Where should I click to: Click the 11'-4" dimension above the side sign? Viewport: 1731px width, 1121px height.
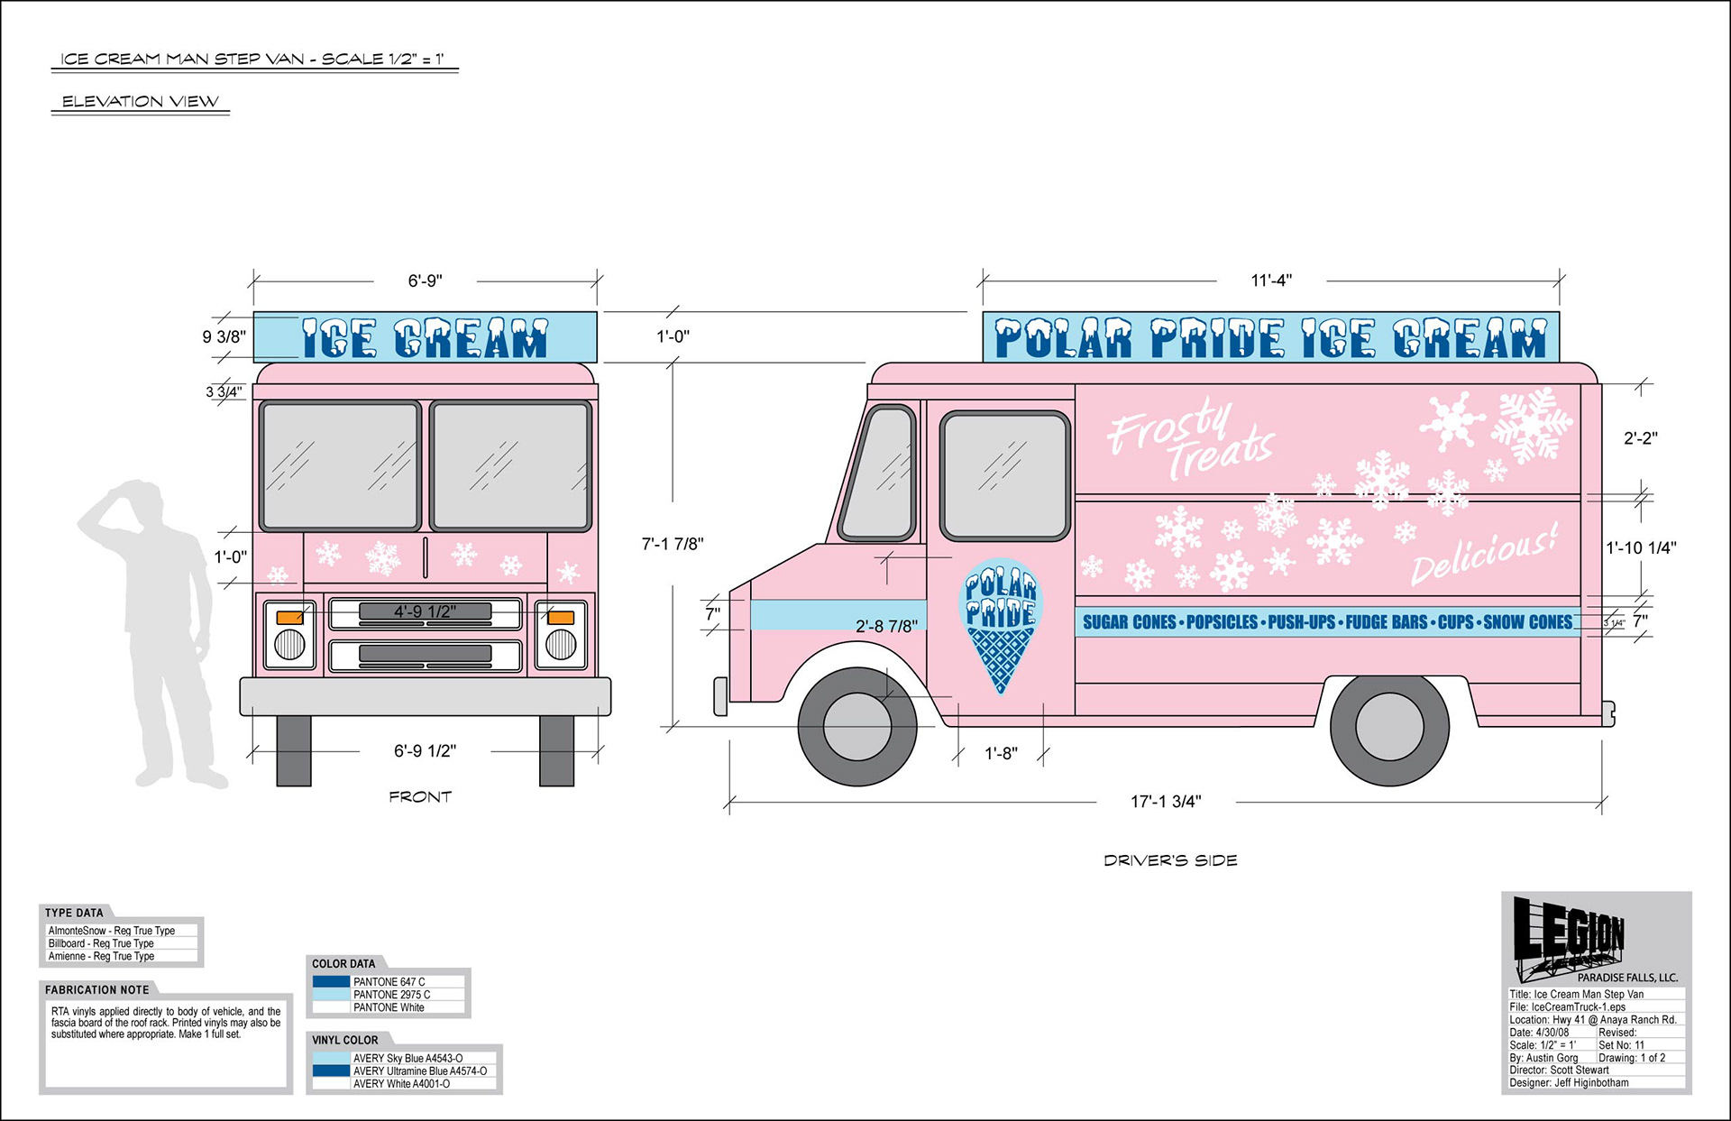coord(1271,280)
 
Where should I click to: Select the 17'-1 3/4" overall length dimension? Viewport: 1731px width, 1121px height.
coord(1166,801)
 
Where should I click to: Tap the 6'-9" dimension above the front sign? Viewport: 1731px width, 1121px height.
coord(426,280)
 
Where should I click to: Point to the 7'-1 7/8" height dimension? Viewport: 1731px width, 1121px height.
coord(673,544)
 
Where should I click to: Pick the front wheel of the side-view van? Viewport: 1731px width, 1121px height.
coord(857,725)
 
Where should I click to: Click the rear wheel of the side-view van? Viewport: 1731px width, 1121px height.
coord(1389,727)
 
